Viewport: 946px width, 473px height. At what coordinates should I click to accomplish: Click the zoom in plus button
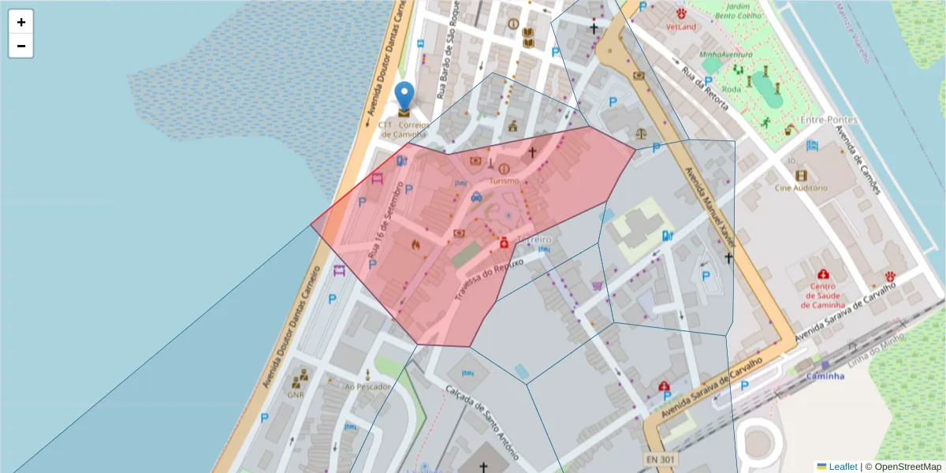tap(21, 21)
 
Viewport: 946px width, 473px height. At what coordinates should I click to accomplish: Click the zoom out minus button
tap(21, 46)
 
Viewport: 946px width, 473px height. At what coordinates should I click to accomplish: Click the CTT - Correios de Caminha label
tap(403, 129)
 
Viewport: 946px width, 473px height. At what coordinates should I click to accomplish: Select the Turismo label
tap(505, 181)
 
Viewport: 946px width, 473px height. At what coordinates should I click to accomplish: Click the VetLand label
tap(681, 26)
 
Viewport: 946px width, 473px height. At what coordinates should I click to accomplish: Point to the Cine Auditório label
tap(801, 188)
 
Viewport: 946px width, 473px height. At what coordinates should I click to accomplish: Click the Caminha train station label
tap(825, 376)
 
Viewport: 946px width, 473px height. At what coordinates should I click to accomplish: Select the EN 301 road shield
tap(661, 459)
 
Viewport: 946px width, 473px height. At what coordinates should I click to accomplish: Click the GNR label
tap(296, 395)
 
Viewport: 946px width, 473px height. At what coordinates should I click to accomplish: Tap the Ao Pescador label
tap(367, 386)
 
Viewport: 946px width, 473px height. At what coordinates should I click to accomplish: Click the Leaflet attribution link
tap(843, 467)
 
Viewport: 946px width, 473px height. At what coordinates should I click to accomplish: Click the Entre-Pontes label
tap(828, 120)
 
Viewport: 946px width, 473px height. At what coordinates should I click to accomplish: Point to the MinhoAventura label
tap(725, 54)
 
